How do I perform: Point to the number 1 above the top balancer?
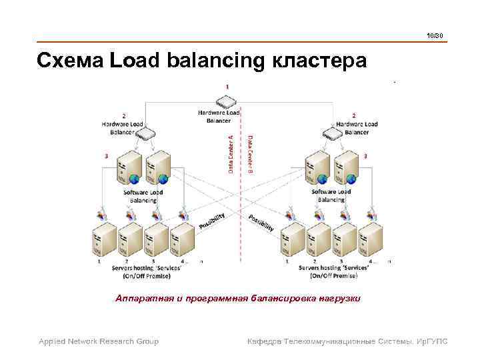[x=227, y=87]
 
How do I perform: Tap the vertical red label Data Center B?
[x=250, y=154]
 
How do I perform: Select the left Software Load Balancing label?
[x=143, y=196]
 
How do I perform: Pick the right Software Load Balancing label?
[x=331, y=195]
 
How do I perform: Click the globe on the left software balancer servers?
[x=135, y=179]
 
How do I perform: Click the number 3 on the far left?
[x=105, y=155]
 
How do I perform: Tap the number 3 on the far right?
[x=365, y=155]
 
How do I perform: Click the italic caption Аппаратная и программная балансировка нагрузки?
[x=238, y=299]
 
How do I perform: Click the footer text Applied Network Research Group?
[x=99, y=341]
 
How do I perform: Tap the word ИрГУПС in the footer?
[x=430, y=341]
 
